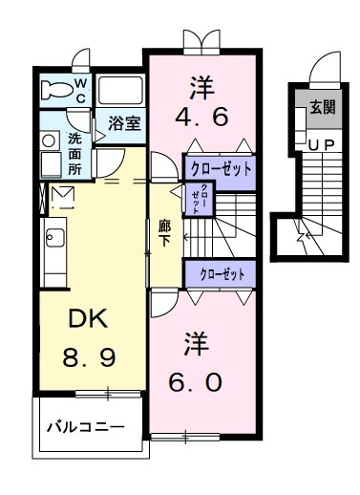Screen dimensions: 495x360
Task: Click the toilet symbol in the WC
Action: (58, 91)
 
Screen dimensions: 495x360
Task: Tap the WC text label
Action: (81, 91)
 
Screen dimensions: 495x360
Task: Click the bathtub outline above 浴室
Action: (120, 94)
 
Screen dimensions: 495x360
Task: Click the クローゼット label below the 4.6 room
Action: (221, 168)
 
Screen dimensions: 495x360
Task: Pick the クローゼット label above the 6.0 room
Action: (221, 273)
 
